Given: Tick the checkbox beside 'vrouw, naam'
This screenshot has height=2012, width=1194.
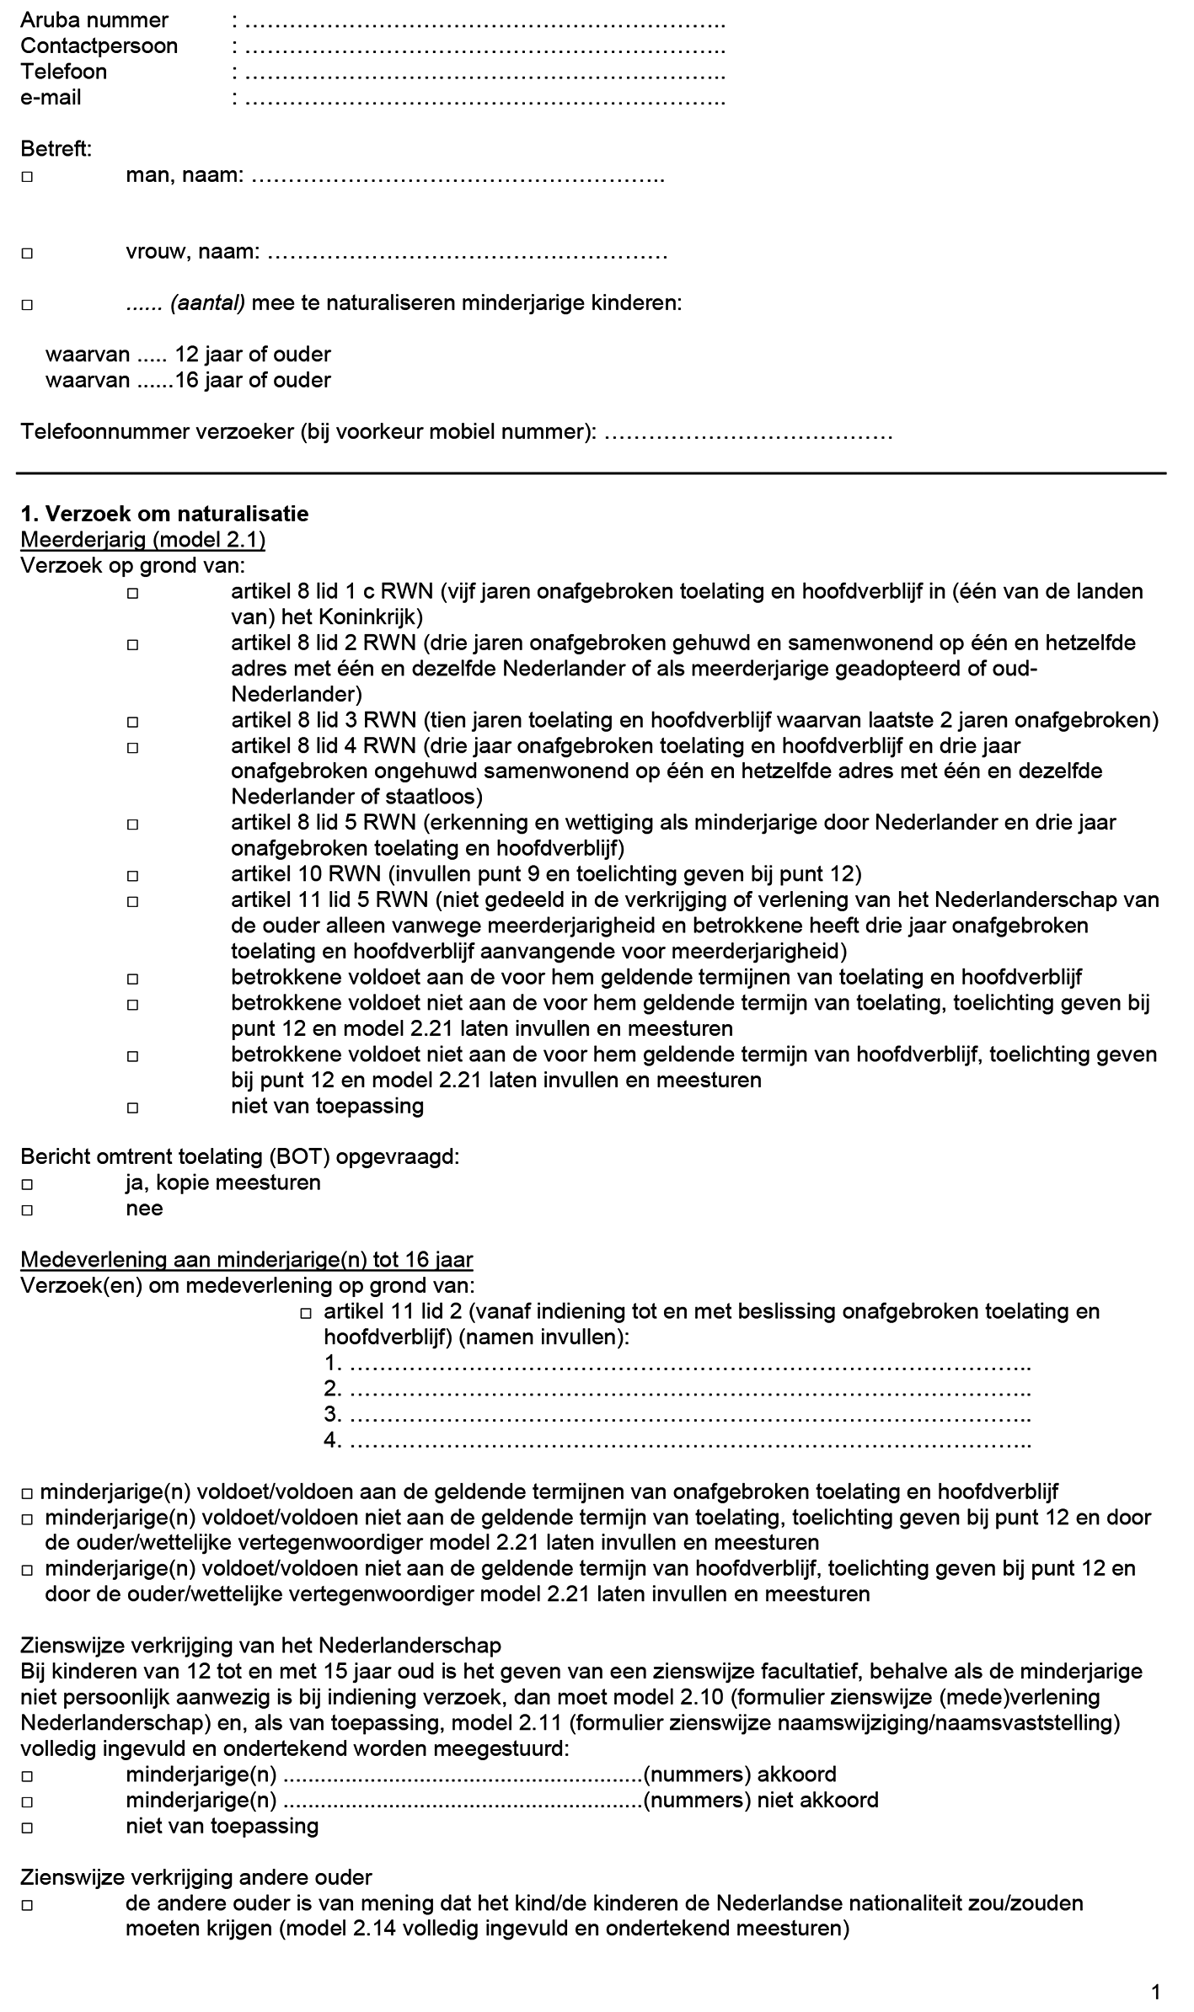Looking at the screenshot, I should click(28, 253).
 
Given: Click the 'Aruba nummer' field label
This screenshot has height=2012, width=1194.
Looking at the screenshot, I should click(94, 19).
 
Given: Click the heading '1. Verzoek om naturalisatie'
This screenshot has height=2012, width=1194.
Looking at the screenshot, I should click(164, 514).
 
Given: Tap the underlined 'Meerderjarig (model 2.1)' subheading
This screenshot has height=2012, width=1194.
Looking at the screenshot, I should click(142, 540).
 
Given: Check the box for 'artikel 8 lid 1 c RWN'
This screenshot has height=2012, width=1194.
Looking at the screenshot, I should click(133, 593).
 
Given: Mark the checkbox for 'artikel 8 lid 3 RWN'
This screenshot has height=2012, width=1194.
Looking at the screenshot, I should click(133, 722).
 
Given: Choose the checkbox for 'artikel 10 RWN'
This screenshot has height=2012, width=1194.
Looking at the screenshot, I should click(133, 876).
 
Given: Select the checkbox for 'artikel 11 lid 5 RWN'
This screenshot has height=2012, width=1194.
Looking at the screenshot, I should click(133, 902).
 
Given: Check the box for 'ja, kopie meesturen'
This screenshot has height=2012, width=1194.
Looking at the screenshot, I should click(28, 1184).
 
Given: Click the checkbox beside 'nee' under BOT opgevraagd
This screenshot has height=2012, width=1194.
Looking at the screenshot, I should click(28, 1210).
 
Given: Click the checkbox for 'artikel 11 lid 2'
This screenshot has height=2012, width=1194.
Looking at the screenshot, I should click(306, 1313).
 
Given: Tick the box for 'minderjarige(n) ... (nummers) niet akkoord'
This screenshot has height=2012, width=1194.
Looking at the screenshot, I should click(28, 1801).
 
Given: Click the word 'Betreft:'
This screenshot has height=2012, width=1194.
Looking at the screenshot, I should click(56, 150).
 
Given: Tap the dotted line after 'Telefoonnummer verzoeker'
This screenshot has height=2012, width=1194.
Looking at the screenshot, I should click(748, 434).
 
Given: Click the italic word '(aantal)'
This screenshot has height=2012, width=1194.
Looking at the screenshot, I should click(207, 303).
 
